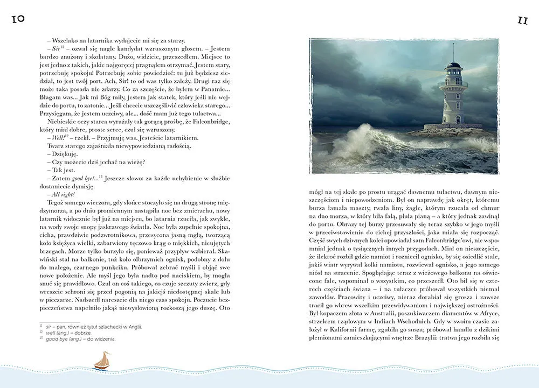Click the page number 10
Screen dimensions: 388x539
click(17, 19)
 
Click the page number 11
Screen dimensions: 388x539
click(522, 20)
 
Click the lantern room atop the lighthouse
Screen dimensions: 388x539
click(453, 68)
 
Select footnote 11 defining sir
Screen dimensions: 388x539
click(92, 326)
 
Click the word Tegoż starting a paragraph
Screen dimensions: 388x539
click(57, 202)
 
